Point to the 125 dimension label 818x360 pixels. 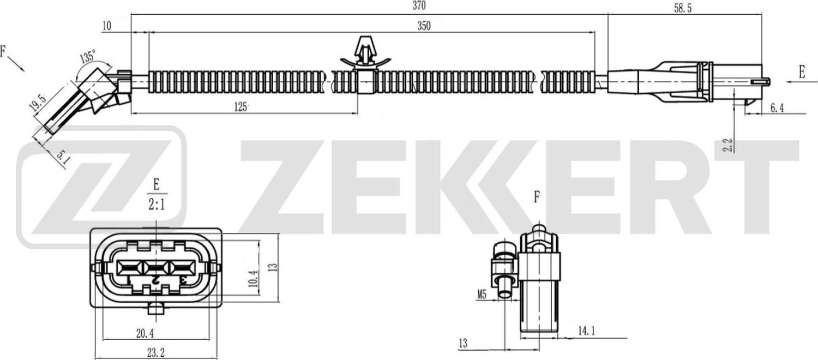[x=240, y=106]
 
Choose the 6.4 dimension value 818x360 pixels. [x=777, y=109]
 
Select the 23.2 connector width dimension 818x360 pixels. [x=155, y=353]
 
